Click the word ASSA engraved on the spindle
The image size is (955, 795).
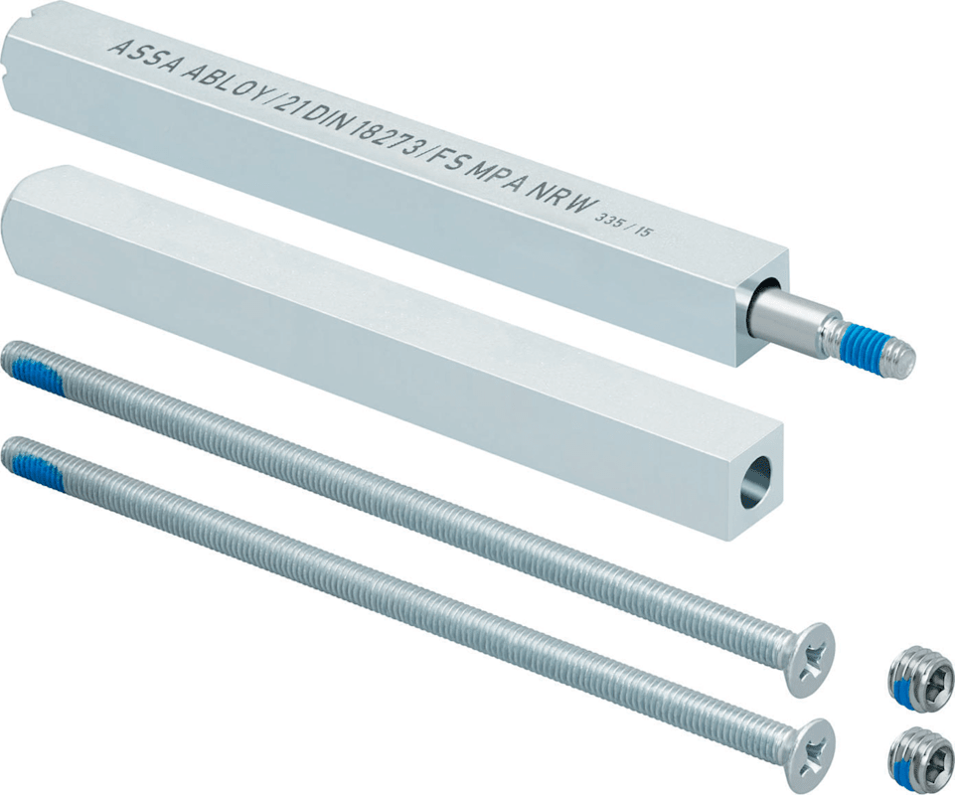pyautogui.click(x=145, y=56)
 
